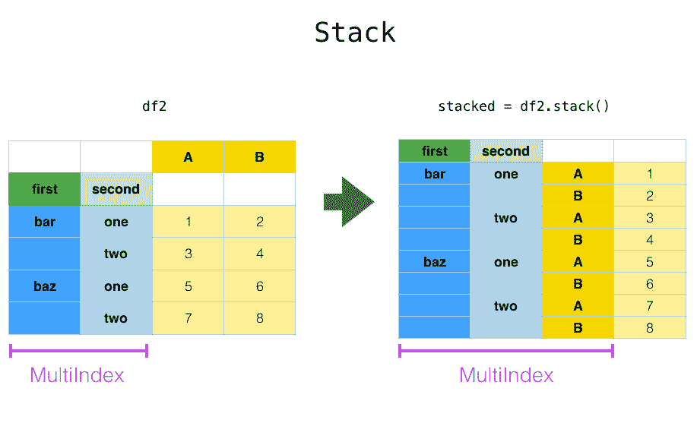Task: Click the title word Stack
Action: point(355,33)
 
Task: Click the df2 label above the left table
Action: point(154,106)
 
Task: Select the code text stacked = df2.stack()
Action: point(524,106)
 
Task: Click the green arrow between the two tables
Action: point(349,202)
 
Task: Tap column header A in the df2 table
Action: point(188,157)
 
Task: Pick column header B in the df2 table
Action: point(259,157)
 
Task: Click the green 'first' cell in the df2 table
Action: point(44,189)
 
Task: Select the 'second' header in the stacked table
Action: point(505,151)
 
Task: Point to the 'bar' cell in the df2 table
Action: point(44,222)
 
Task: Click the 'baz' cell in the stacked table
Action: point(434,262)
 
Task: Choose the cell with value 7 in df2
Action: point(188,318)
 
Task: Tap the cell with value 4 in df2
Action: point(259,254)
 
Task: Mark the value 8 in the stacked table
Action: point(649,328)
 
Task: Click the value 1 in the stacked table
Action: point(649,174)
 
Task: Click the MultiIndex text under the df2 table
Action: point(77,375)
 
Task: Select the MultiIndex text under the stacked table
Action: point(506,375)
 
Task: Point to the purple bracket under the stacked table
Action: point(505,351)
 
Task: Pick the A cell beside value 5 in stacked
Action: point(578,262)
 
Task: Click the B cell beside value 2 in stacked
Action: point(578,196)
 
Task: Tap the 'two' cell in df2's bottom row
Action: point(116,318)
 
